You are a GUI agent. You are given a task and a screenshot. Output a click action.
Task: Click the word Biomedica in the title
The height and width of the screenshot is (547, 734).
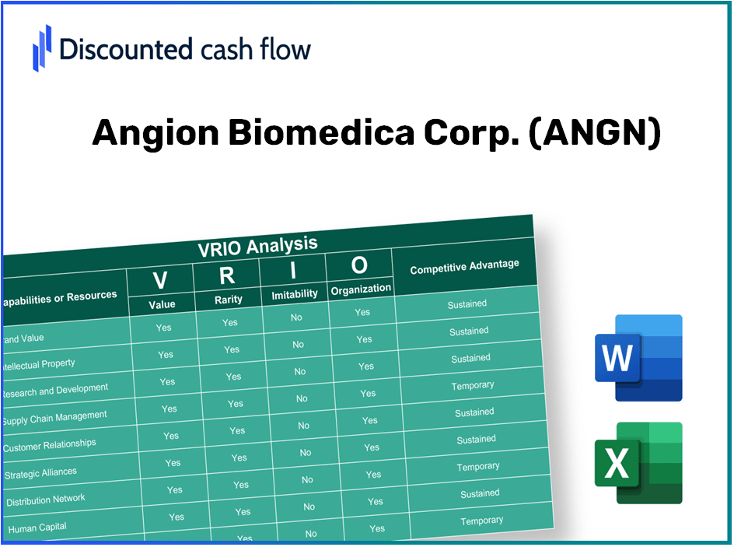[x=320, y=134]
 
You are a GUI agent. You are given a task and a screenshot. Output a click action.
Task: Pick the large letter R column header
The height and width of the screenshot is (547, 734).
[x=227, y=275]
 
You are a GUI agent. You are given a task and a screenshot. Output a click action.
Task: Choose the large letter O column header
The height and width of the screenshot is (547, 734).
[x=359, y=265]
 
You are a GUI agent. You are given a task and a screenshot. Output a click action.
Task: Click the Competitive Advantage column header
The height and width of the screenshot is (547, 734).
[x=464, y=267]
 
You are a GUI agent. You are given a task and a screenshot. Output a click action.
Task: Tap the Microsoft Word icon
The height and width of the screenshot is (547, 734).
[x=638, y=358]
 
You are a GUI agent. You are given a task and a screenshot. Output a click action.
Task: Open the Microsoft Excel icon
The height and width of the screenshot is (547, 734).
[x=638, y=464]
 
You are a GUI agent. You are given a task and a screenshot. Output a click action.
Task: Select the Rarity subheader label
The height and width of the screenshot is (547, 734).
[x=229, y=300]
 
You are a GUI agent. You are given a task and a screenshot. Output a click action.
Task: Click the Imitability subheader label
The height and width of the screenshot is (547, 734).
[x=295, y=294]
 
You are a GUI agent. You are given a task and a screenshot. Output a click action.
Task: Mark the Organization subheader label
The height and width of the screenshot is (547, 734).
[x=361, y=289]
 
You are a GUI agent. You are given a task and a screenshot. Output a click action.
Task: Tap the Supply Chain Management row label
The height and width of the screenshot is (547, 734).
[x=54, y=418]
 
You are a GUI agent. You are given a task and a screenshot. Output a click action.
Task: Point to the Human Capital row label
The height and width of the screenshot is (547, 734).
[x=37, y=528]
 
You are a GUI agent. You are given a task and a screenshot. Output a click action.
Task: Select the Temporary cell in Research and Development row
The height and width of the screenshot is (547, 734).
[x=473, y=385]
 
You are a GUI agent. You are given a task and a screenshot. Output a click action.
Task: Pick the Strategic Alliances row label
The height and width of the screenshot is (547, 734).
[x=41, y=472]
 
